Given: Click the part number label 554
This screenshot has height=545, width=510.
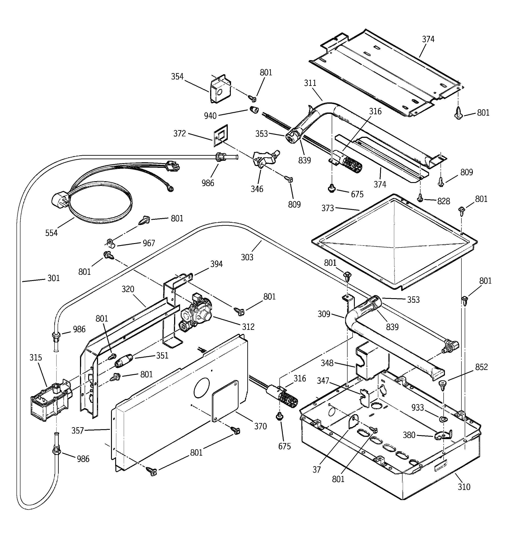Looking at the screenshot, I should tap(51, 233).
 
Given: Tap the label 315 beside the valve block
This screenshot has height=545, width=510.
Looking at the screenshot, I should tap(36, 357).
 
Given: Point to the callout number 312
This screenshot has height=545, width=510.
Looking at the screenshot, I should tap(248, 327).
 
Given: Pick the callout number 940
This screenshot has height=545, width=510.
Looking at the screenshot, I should tap(210, 116).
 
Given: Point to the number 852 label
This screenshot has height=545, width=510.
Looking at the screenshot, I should tap(481, 367).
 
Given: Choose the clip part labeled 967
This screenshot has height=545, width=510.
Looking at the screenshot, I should tap(111, 243).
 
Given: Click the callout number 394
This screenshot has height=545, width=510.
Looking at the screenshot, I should tap(216, 264).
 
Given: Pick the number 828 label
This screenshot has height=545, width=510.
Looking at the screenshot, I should tap(443, 201).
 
